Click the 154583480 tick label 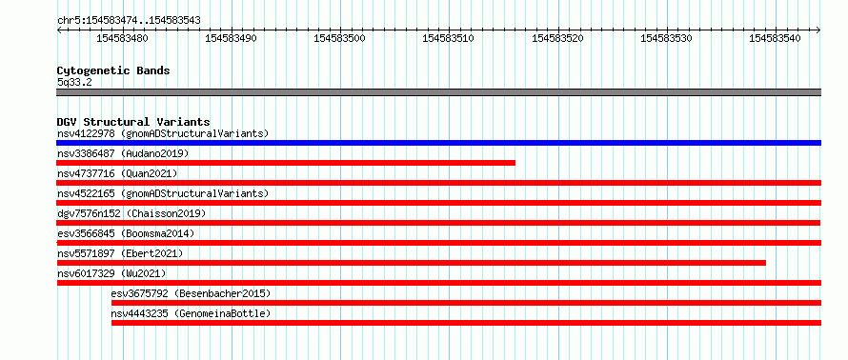(122, 38)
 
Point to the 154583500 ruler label (339, 38)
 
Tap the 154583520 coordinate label (557, 38)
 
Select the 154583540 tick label (775, 38)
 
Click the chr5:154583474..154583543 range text (129, 21)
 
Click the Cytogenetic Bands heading (113, 70)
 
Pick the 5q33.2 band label (74, 83)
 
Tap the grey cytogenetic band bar (438, 92)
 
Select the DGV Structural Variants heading (133, 122)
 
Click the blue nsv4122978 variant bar (438, 143)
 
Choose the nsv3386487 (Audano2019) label (123, 153)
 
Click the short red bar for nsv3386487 (286, 163)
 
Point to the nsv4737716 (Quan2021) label (117, 173)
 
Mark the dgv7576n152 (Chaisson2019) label (131, 213)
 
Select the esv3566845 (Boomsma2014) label (126, 233)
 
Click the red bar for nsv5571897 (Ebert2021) (411, 263)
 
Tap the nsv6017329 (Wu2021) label (111, 273)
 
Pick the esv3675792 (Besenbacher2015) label (191, 293)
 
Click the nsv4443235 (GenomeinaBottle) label (191, 313)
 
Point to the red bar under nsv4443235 (466, 323)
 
